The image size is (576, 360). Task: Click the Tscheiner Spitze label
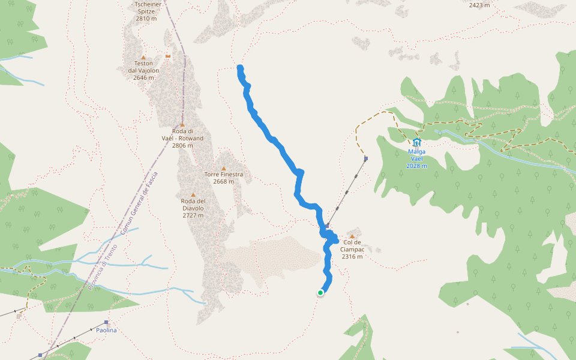tap(146, 11)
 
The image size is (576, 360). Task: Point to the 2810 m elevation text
tap(146, 19)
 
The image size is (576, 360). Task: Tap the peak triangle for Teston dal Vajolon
tap(143, 58)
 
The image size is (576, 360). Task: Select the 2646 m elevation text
tap(144, 77)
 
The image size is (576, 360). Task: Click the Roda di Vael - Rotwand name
tap(182, 134)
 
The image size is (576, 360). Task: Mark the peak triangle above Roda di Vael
tap(182, 125)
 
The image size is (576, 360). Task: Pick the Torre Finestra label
tap(223, 175)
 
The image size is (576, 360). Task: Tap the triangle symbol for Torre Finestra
tap(223, 169)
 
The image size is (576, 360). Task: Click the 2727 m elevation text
tap(193, 215)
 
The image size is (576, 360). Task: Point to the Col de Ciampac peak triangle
tap(352, 236)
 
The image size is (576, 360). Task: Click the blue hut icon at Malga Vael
tap(416, 142)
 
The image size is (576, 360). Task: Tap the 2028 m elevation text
tap(416, 166)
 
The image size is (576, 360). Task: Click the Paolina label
tap(106, 330)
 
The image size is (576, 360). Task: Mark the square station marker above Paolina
tap(106, 322)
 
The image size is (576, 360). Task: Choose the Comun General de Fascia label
tap(139, 204)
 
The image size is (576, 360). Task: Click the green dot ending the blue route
tap(320, 293)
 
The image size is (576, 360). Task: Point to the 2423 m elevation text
tap(479, 5)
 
